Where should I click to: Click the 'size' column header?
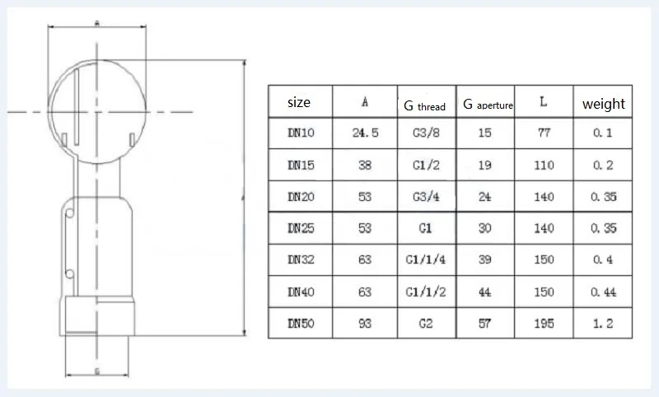pyautogui.click(x=299, y=102)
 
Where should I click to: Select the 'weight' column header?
pyautogui.click(x=604, y=103)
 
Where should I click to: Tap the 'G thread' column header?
pyautogui.click(x=424, y=105)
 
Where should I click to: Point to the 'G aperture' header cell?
pyautogui.click(x=488, y=104)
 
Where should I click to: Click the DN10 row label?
pyautogui.click(x=301, y=133)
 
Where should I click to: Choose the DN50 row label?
pyautogui.click(x=301, y=324)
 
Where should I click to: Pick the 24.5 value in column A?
pyautogui.click(x=365, y=133)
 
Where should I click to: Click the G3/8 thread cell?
pyautogui.click(x=426, y=133)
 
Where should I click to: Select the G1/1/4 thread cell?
pyautogui.click(x=426, y=259)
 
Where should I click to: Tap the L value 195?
pyautogui.click(x=544, y=324)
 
